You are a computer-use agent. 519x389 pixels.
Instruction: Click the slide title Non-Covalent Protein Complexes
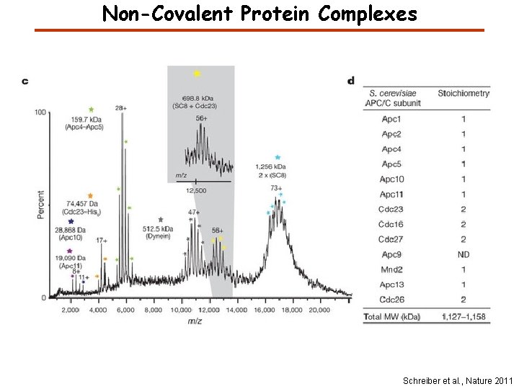[259, 14]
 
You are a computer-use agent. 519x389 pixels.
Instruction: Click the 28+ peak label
[120, 107]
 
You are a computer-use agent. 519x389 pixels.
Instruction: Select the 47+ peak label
[194, 213]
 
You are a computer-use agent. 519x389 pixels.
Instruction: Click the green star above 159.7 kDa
[91, 109]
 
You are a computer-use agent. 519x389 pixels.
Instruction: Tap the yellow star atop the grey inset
[197, 73]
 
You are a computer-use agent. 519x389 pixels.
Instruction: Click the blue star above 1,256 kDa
[278, 157]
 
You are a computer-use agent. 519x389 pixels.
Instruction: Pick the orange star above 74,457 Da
[90, 196]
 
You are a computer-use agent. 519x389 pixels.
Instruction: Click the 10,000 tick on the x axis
[181, 309]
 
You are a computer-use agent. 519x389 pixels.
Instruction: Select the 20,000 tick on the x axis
[319, 309]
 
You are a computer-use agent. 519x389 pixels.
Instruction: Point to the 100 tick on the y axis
[40, 112]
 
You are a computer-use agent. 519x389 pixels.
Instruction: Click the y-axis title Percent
[41, 205]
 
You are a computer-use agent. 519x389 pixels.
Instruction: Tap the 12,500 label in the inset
[196, 190]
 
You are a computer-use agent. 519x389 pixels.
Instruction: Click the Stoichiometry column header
[463, 93]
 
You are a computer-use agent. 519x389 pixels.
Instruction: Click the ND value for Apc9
[463, 254]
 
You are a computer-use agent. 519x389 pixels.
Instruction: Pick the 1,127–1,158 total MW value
[463, 316]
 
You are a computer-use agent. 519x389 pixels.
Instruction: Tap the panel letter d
[351, 81]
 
